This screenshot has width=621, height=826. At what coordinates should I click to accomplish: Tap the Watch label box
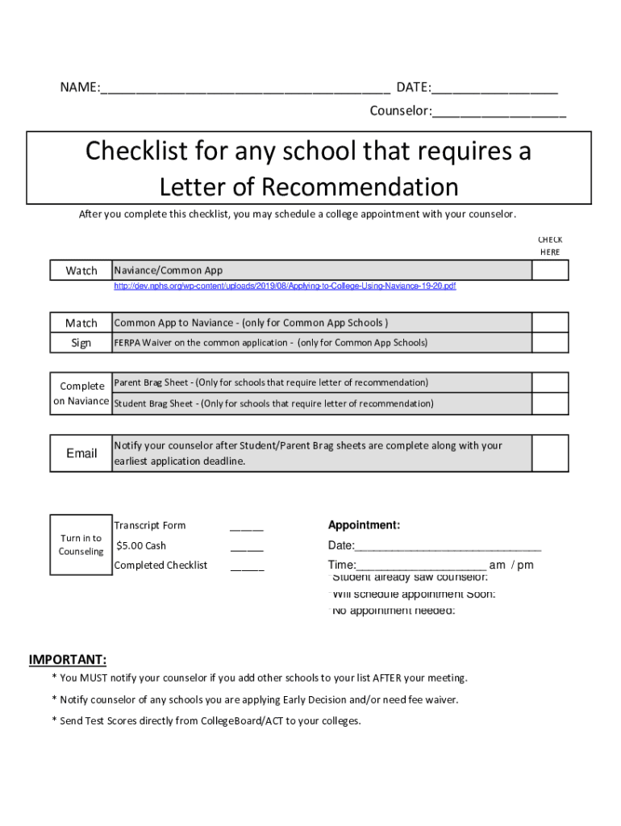(81, 271)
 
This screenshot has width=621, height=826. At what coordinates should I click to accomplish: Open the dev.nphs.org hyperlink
(285, 286)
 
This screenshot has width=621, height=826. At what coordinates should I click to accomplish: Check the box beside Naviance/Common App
(551, 271)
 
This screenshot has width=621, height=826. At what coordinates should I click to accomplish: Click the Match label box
(81, 323)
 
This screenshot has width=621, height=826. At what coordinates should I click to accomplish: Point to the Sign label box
(81, 343)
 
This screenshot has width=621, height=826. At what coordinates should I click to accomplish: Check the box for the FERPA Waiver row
(551, 343)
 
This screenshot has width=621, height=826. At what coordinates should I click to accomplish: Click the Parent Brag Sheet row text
(271, 382)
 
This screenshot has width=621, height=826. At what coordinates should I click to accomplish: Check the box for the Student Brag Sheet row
(551, 403)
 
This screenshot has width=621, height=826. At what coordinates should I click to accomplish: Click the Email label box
(81, 453)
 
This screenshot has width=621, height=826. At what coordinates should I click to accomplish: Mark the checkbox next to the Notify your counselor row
(551, 453)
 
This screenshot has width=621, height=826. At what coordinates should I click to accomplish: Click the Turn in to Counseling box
(81, 544)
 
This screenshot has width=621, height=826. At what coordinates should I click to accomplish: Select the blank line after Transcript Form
(247, 528)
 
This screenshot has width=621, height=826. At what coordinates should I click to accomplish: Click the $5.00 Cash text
(142, 546)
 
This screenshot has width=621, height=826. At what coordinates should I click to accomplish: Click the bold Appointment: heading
(364, 525)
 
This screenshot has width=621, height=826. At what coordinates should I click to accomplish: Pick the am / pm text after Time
(511, 565)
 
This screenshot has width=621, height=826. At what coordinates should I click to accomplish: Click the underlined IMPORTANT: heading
(68, 660)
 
